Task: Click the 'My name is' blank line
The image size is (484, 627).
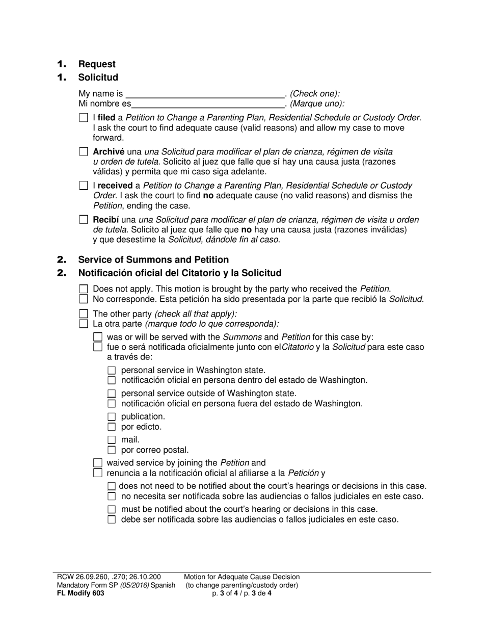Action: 205,94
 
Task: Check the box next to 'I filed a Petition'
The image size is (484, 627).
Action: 84,118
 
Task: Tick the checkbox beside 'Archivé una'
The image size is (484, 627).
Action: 84,152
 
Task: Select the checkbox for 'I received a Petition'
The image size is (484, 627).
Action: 84,186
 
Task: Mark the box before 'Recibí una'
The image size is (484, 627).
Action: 84,220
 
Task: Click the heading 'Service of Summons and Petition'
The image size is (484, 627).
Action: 153,259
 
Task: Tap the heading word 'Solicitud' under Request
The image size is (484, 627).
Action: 98,77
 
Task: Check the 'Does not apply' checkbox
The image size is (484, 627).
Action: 84,289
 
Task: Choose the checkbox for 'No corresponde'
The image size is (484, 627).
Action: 84,299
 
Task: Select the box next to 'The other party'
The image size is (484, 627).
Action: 84,314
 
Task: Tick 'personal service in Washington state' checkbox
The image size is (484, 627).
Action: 112,371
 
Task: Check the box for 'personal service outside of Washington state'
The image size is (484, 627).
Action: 112,394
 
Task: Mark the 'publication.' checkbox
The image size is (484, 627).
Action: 112,417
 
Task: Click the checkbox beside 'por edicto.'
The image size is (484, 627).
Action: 112,427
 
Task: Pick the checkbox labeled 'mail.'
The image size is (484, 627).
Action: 112,440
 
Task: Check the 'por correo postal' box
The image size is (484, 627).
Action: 112,450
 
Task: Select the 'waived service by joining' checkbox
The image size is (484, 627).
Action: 98,463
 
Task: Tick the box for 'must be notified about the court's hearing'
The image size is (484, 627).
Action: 112,509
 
